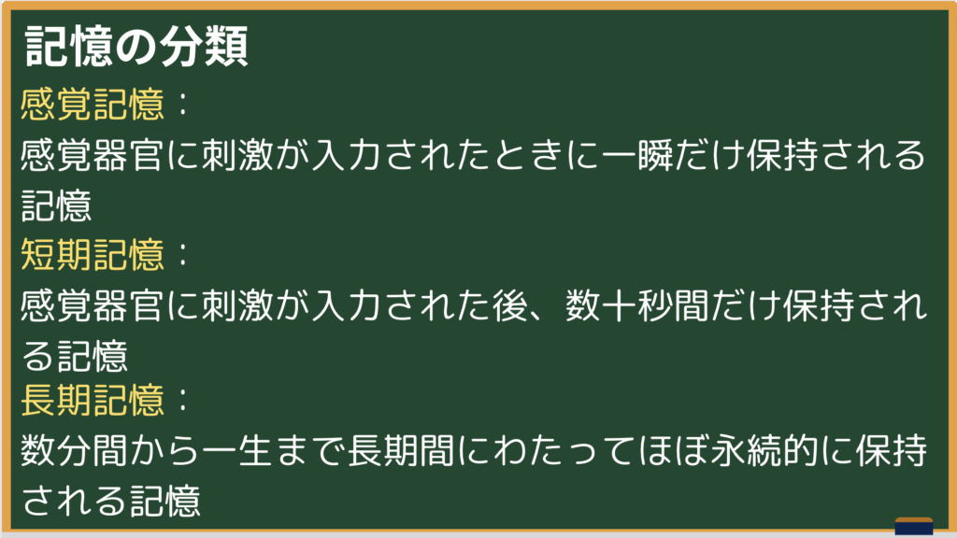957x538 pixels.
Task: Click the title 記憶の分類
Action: [136, 46]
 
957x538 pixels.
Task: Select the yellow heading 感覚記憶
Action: [93, 104]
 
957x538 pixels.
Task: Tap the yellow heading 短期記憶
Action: [93, 254]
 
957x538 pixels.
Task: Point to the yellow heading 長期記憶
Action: [93, 400]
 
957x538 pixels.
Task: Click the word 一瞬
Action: [636, 154]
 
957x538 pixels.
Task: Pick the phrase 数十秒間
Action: [636, 305]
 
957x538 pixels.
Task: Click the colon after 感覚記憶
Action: [182, 105]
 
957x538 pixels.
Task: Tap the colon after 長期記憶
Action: [182, 401]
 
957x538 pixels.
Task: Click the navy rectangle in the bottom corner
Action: [914, 527]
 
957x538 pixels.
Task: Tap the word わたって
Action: [564, 451]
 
